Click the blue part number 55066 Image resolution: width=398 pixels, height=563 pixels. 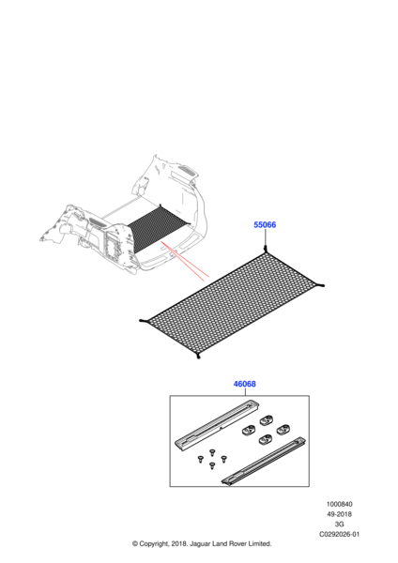(x=265, y=225)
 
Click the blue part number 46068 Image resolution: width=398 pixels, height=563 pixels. (x=245, y=384)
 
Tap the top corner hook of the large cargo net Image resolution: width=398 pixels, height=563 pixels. (x=266, y=250)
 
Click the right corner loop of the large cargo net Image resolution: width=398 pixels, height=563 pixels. (x=320, y=285)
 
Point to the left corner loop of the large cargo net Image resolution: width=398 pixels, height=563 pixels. (x=144, y=320)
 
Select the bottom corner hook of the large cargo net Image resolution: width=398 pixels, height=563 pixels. (x=198, y=356)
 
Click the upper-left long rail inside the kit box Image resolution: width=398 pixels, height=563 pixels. (x=218, y=424)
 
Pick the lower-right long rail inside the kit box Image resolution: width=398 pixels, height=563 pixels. (x=264, y=461)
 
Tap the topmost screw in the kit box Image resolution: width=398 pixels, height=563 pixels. (x=211, y=451)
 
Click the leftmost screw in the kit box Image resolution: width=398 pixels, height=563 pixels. (x=201, y=459)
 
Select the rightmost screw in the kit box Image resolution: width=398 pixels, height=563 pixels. (x=223, y=459)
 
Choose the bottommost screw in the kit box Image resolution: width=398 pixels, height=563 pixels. (x=212, y=465)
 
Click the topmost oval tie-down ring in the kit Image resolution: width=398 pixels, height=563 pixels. (x=267, y=419)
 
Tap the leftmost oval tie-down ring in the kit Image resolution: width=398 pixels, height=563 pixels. (x=248, y=429)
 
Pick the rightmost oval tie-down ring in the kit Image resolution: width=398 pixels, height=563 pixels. (x=283, y=429)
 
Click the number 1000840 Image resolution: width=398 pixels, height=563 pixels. (x=340, y=504)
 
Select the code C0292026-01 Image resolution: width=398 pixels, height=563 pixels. (x=340, y=534)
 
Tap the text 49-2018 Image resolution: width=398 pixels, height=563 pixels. (x=340, y=514)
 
